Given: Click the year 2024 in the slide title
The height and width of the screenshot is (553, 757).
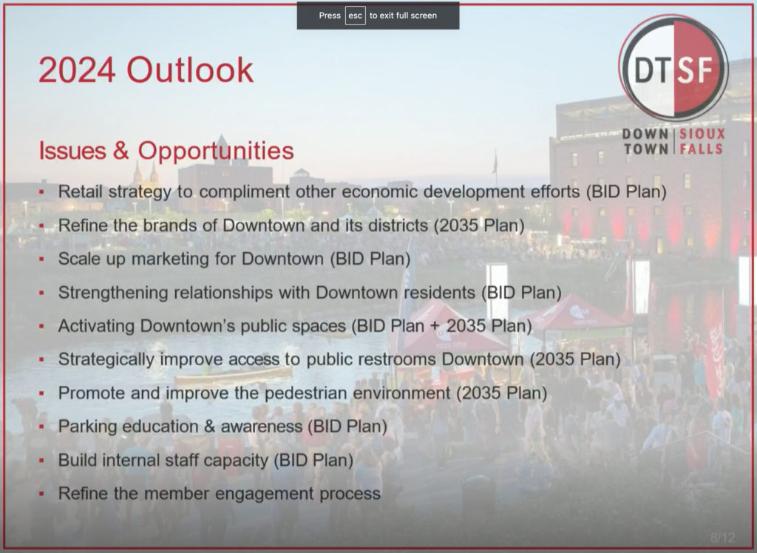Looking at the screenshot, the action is pyautogui.click(x=77, y=70).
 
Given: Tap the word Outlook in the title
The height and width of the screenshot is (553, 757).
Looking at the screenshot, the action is pyautogui.click(x=190, y=70).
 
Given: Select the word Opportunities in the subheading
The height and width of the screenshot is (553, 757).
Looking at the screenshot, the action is pyautogui.click(x=216, y=151).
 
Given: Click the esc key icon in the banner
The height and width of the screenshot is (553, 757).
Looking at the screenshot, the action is pyautogui.click(x=356, y=16).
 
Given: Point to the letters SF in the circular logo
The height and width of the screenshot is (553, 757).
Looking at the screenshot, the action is pyautogui.click(x=696, y=70).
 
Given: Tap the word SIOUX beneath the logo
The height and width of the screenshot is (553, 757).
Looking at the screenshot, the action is pyautogui.click(x=702, y=134).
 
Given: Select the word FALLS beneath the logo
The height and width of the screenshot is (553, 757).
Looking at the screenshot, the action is pyautogui.click(x=702, y=149).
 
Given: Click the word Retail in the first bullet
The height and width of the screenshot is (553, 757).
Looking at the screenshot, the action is pyautogui.click(x=80, y=191).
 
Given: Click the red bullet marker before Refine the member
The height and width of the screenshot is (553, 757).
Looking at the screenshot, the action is pyautogui.click(x=41, y=494).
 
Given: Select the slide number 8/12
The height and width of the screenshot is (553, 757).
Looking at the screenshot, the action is pyautogui.click(x=723, y=537).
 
